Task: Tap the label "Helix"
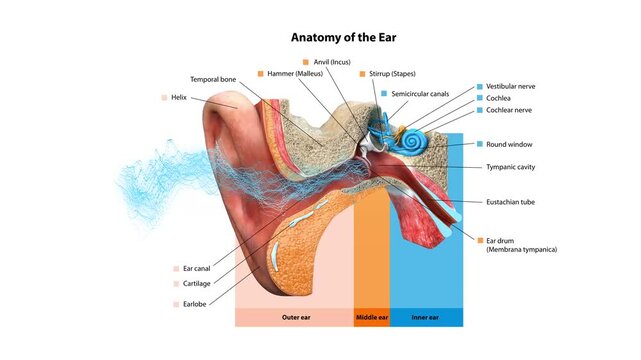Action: click(179, 97)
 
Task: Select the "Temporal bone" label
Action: click(214, 79)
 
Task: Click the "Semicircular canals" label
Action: click(420, 93)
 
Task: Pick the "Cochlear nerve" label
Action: click(511, 110)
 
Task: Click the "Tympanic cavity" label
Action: click(511, 167)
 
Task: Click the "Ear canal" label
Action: click(196, 268)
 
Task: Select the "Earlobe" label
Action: click(194, 304)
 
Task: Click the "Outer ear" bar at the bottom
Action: click(294, 318)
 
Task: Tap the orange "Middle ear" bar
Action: click(371, 318)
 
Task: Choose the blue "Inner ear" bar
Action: click(426, 318)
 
